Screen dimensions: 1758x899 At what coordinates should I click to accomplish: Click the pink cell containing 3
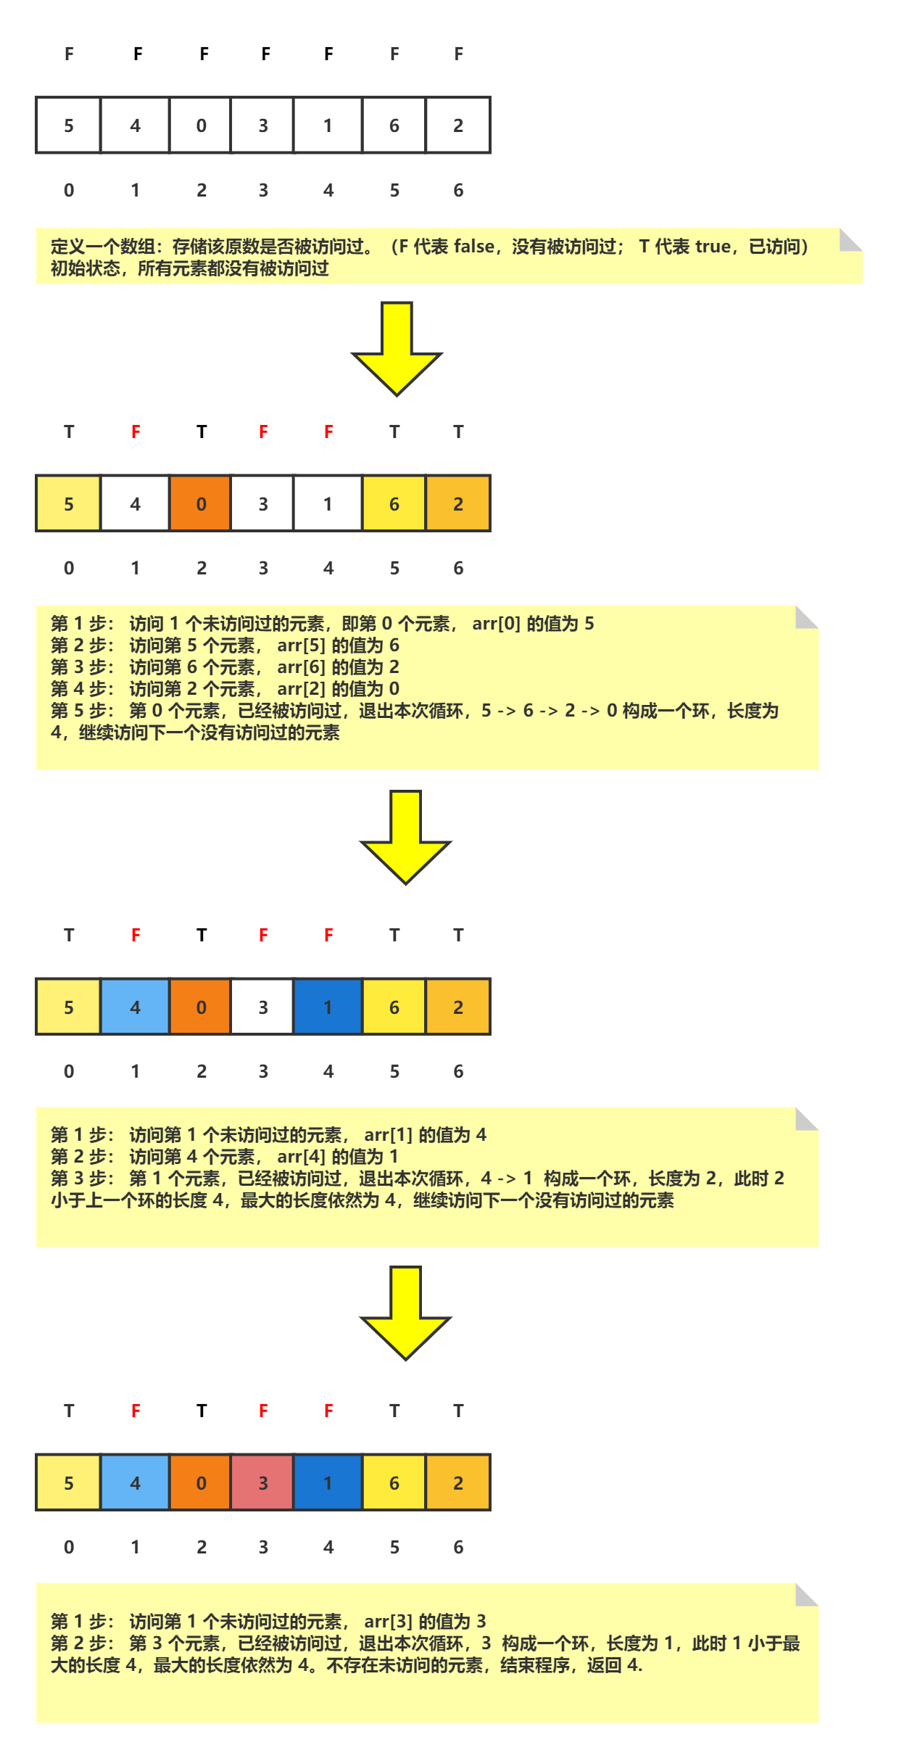pyautogui.click(x=262, y=1482)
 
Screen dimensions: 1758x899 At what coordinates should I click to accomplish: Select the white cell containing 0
pyautogui.click(x=201, y=125)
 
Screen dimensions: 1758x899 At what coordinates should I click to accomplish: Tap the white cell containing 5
pyautogui.click(x=68, y=125)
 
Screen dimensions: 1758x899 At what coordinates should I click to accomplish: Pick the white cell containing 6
pyautogui.click(x=394, y=125)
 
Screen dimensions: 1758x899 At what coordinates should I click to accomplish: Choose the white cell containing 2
pyautogui.click(x=458, y=125)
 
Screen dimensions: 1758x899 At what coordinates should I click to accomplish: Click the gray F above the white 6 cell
pyautogui.click(x=394, y=54)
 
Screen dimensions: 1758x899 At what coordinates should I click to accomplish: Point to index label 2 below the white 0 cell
pyautogui.click(x=201, y=190)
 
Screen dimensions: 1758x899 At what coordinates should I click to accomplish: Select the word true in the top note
pyautogui.click(x=713, y=247)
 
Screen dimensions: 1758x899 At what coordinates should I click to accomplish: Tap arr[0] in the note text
pyautogui.click(x=496, y=624)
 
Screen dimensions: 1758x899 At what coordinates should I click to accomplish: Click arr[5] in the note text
pyautogui.click(x=301, y=645)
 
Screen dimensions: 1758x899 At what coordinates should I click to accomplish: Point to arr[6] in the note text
pyautogui.click(x=301, y=667)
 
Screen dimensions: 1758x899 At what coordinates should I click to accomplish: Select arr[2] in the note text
pyautogui.click(x=301, y=689)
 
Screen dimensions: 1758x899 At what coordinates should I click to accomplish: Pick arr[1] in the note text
pyautogui.click(x=388, y=1135)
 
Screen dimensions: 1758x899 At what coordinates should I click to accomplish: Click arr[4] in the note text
pyautogui.click(x=301, y=1157)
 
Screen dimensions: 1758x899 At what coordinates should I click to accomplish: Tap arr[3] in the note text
pyautogui.click(x=388, y=1622)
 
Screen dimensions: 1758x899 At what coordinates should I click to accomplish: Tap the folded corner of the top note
pyautogui.click(x=850, y=240)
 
